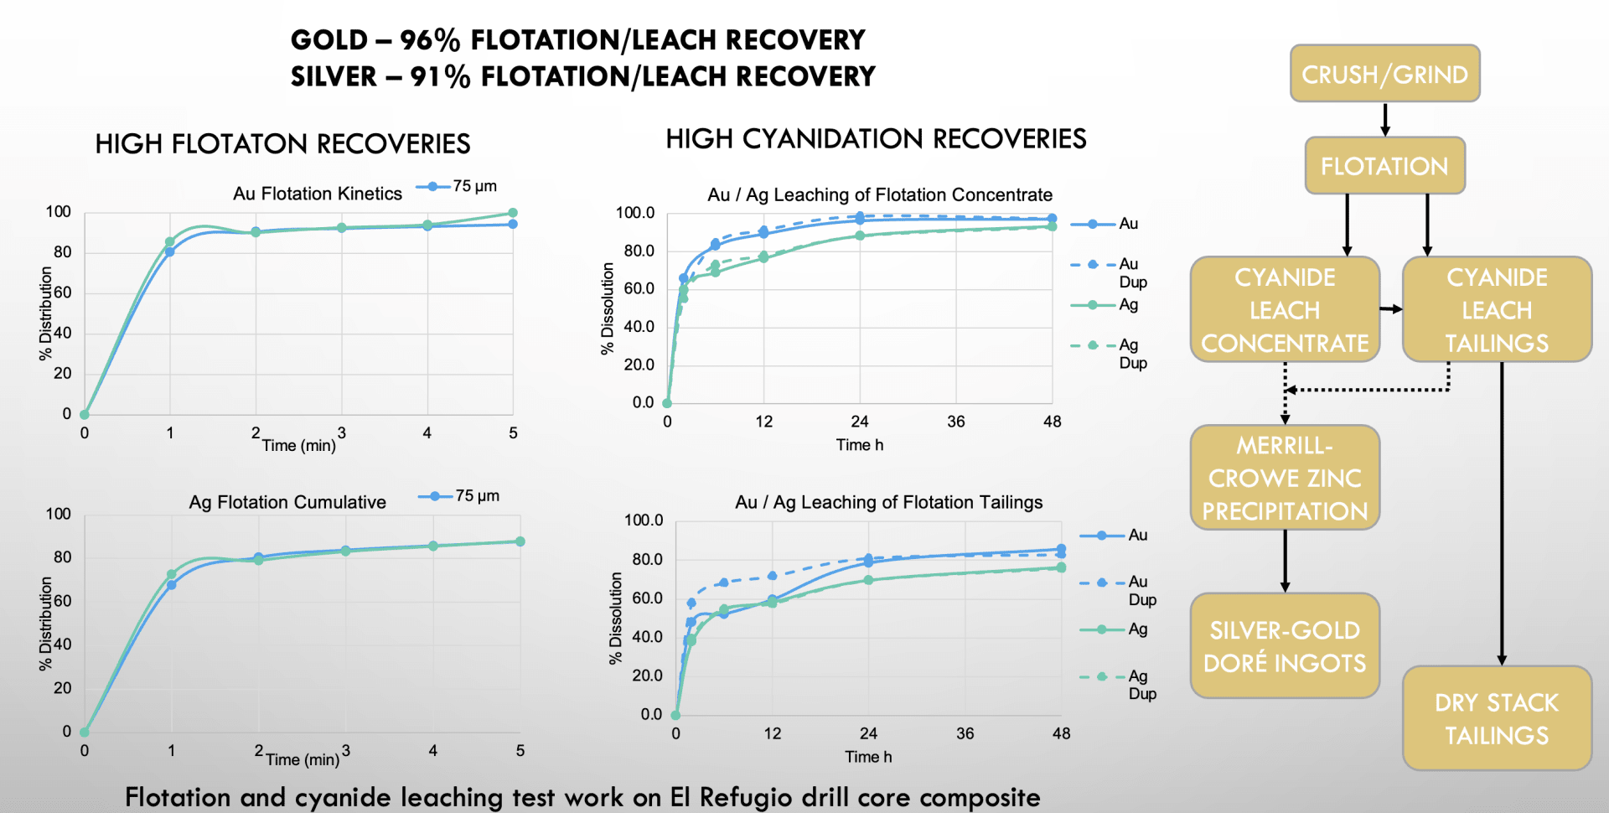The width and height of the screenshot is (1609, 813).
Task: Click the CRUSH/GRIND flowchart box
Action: tap(1384, 74)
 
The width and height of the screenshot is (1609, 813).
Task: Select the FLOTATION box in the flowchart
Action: tap(1384, 166)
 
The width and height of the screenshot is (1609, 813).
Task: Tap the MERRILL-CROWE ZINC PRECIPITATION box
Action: tap(1285, 478)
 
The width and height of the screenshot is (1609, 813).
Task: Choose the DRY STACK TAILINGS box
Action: tap(1497, 718)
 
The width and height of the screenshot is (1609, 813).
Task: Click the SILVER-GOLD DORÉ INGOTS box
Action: tap(1285, 646)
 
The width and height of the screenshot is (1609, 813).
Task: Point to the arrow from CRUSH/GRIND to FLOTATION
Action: tap(1385, 119)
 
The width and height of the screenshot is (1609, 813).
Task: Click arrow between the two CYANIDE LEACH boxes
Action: tap(1391, 309)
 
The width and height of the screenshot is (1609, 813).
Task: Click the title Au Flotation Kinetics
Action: tap(317, 194)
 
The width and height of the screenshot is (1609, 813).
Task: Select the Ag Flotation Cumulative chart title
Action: tap(287, 502)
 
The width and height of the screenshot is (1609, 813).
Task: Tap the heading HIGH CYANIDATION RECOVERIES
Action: tap(876, 139)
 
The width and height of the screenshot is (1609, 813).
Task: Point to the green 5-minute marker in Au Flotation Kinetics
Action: tap(513, 213)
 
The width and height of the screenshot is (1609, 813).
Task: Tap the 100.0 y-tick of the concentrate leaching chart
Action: tap(635, 213)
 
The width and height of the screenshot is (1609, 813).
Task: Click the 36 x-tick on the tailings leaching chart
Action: tap(965, 733)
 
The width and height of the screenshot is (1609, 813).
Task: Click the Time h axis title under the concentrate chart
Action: tap(859, 445)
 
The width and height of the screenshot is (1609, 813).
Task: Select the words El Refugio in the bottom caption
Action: tap(732, 797)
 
